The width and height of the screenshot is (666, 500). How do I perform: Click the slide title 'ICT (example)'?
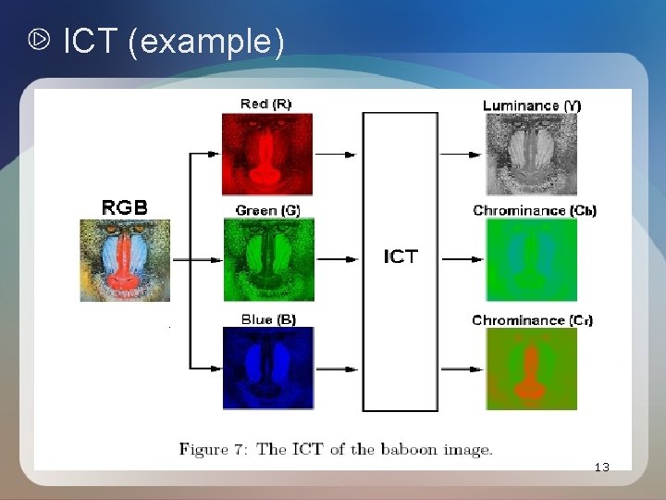click(x=173, y=41)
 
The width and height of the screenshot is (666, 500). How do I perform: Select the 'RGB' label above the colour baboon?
click(x=124, y=206)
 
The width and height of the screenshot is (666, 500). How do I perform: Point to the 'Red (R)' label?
click(x=265, y=104)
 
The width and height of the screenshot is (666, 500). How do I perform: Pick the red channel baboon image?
click(x=267, y=154)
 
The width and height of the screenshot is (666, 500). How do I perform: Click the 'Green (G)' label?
click(x=267, y=211)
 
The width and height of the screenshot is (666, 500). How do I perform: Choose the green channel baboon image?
click(x=268, y=260)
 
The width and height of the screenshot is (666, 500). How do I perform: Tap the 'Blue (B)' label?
click(x=268, y=319)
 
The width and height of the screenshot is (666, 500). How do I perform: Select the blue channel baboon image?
click(x=268, y=369)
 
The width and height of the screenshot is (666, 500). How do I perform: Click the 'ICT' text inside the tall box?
click(x=401, y=256)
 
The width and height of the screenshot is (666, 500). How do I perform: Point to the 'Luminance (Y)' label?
click(x=532, y=105)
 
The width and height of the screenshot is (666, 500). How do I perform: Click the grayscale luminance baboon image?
click(x=532, y=154)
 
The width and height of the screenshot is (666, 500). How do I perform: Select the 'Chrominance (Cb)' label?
click(x=535, y=211)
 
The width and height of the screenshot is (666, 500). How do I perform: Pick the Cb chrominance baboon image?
click(x=532, y=260)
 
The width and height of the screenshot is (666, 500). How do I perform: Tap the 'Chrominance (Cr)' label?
click(x=533, y=320)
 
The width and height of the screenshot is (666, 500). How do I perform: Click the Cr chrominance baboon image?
click(x=532, y=369)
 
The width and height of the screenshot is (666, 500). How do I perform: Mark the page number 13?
click(x=602, y=468)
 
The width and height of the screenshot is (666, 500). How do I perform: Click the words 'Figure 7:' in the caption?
click(x=216, y=450)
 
